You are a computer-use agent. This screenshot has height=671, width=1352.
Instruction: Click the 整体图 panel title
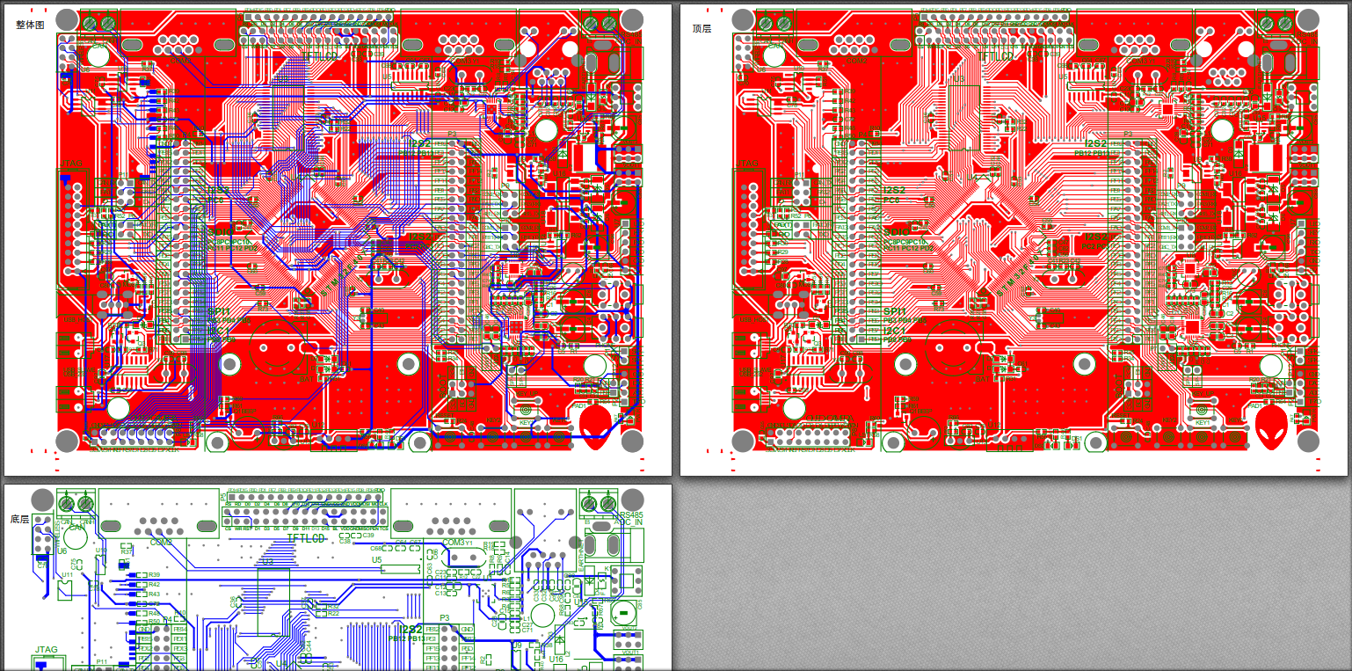(30, 26)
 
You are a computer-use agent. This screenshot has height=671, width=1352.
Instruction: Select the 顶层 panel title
(701, 29)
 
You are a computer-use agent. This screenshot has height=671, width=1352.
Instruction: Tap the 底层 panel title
(19, 520)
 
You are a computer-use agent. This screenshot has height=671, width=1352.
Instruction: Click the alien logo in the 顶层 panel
(1269, 424)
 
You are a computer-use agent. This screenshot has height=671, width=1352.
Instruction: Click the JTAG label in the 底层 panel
(46, 650)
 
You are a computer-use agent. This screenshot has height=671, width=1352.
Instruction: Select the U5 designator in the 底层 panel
(376, 559)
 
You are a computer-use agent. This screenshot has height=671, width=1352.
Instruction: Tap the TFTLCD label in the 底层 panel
(308, 536)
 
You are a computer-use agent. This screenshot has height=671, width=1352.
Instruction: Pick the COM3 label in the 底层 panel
(454, 543)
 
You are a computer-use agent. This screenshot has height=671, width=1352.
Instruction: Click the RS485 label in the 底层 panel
(631, 515)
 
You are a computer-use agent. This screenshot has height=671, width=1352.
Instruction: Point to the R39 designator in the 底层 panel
(154, 574)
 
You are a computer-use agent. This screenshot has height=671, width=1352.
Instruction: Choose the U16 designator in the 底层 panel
(556, 659)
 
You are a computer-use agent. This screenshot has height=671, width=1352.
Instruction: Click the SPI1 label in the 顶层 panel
(894, 311)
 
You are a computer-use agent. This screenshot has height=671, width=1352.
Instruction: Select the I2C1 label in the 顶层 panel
(894, 330)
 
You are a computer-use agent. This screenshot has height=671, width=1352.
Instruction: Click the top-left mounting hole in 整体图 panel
(67, 19)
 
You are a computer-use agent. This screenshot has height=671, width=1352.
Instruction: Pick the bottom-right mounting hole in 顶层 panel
(1307, 440)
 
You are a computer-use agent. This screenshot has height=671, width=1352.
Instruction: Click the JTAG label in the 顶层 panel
(748, 164)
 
